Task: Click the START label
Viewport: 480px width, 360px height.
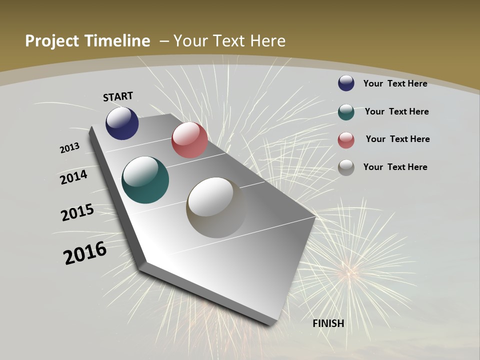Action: [118, 96]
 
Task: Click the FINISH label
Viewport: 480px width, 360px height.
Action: [328, 323]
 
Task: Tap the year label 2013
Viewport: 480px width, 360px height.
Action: [70, 148]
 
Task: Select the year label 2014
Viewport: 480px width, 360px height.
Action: [74, 177]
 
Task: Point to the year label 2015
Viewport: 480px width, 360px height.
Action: [77, 212]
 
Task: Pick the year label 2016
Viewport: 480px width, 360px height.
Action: [85, 253]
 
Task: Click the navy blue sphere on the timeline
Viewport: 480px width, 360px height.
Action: [122, 123]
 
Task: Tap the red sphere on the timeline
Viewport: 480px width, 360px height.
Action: [189, 140]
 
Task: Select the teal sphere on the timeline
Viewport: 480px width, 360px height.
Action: [145, 180]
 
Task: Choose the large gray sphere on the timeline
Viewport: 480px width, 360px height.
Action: [216, 207]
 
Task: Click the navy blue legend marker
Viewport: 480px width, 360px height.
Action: [346, 83]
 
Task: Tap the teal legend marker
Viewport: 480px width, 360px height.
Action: [346, 111]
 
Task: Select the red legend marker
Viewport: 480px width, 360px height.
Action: [346, 139]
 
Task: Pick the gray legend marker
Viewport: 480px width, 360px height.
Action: [346, 167]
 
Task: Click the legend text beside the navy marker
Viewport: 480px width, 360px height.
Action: [395, 83]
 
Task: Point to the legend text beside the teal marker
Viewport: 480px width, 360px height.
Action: [396, 111]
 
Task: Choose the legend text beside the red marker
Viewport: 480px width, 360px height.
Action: [397, 139]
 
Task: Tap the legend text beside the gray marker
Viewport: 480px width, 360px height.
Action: [395, 167]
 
